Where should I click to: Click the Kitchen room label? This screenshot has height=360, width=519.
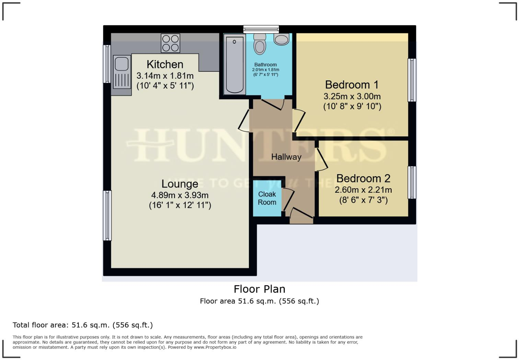click(165, 64)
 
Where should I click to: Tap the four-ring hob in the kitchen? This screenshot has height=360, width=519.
click(171, 43)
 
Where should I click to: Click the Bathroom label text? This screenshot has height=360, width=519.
click(265, 65)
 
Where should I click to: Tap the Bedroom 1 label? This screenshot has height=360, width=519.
click(352, 85)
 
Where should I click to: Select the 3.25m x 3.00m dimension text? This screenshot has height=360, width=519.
click(352, 96)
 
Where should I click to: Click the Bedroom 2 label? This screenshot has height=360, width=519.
click(363, 178)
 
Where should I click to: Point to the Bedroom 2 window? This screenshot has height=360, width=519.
click(412, 182)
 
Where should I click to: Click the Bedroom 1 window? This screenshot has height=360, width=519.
click(412, 80)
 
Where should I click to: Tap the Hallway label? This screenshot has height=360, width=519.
click(286, 157)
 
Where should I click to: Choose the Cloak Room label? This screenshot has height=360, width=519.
click(267, 198)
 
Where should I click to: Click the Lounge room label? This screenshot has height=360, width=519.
click(180, 184)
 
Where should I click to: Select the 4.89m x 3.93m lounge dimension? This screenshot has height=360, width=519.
click(180, 195)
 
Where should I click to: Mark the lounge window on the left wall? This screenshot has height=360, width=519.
click(107, 215)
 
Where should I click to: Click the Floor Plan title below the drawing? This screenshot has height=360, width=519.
click(259, 289)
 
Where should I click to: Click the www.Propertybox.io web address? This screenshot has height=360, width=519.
click(215, 347)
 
